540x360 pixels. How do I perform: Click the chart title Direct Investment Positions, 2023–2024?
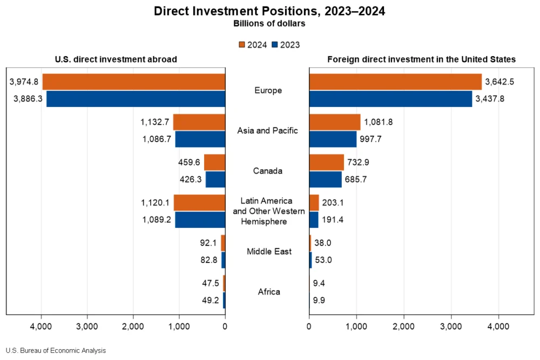coord(269,11)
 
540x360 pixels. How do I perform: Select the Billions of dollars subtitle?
coord(269,24)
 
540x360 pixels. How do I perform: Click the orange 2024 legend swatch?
coord(242,45)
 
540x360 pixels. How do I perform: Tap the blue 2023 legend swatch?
coord(275,45)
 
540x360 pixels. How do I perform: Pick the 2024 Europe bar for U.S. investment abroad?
coord(133,82)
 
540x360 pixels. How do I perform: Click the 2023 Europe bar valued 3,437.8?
coord(390,99)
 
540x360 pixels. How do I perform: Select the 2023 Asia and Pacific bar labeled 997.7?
coord(333,139)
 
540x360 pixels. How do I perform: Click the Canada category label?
coord(268,171)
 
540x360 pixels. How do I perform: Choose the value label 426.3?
coord(190,179)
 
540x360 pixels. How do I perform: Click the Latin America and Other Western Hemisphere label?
coord(268,211)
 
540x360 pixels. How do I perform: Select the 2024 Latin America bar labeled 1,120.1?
coord(199,202)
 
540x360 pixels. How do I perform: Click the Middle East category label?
coord(268,252)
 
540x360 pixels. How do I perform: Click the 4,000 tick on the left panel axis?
coord(41,326)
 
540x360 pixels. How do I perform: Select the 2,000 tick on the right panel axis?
coord(403,326)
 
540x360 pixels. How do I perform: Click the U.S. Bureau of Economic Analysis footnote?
coord(56,350)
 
